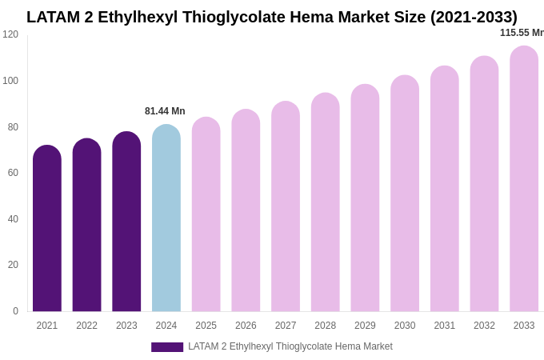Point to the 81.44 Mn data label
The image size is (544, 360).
165,111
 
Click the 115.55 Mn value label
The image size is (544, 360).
522,33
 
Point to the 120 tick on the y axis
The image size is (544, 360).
10,34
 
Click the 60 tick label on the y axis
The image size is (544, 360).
13,173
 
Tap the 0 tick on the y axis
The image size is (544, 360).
15,311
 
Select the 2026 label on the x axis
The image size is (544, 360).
246,326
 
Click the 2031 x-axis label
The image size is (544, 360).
445,326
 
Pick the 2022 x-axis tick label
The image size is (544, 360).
86,326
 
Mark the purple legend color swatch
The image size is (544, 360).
167,347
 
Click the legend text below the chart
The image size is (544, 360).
290,346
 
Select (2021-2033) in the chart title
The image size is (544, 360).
474,17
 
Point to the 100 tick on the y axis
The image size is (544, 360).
10,81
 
